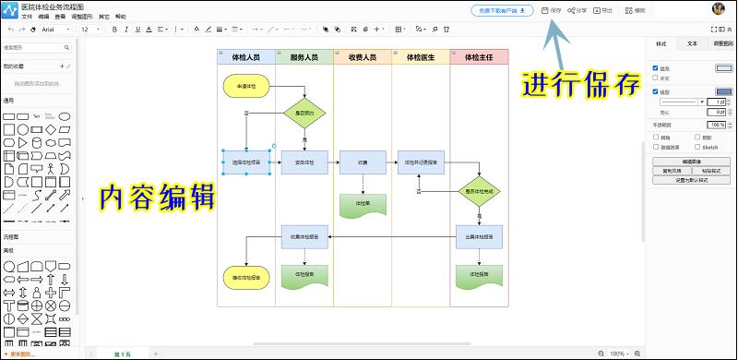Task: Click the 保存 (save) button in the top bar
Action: pyautogui.click(x=552, y=11)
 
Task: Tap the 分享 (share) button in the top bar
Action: pyautogui.click(x=577, y=11)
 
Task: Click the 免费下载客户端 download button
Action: pyautogui.click(x=502, y=11)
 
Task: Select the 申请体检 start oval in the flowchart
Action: pyautogui.click(x=246, y=87)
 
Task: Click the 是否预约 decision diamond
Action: pyautogui.click(x=304, y=114)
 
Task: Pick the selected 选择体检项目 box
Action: pyautogui.click(x=246, y=162)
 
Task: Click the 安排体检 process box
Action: pyautogui.click(x=304, y=162)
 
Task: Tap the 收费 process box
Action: pyautogui.click(x=363, y=162)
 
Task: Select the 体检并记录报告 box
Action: pyautogui.click(x=421, y=162)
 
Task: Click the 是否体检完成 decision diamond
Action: pyautogui.click(x=479, y=191)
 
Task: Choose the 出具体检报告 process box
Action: pyautogui.click(x=479, y=237)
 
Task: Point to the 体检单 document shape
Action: pyautogui.click(x=363, y=203)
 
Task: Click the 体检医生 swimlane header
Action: pyautogui.click(x=421, y=57)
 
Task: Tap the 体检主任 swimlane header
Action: pyautogui.click(x=479, y=57)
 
